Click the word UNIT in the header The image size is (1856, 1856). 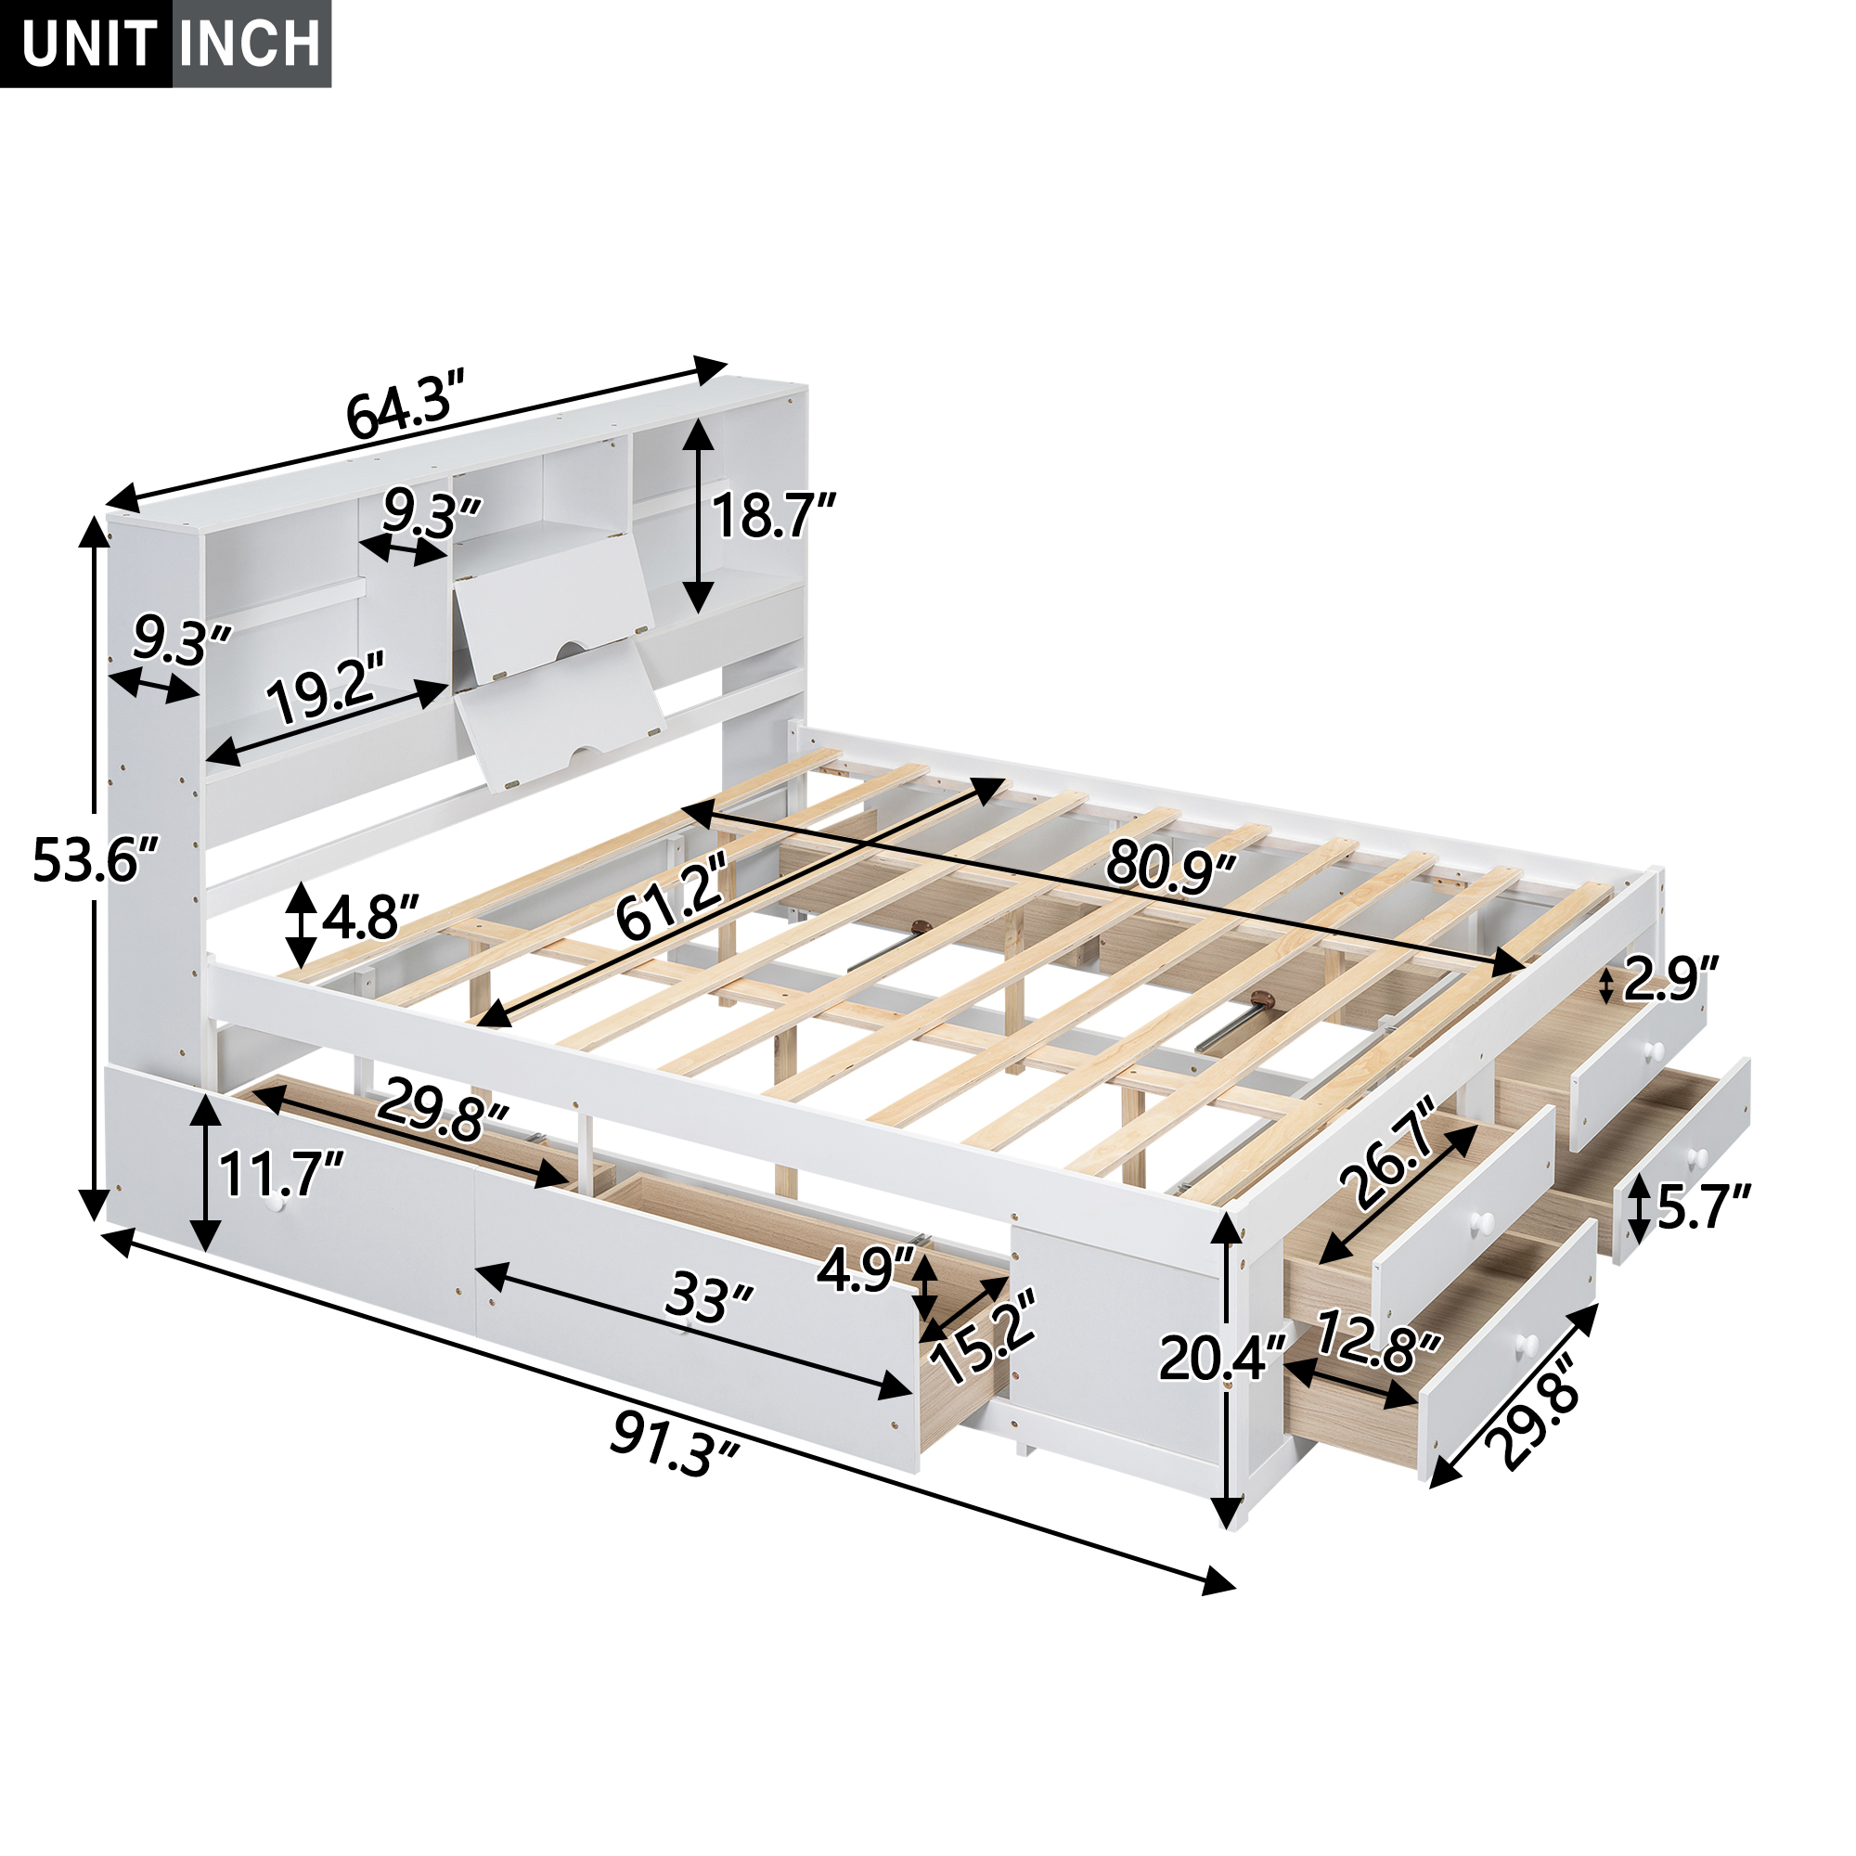[89, 45]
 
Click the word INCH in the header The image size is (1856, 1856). [251, 45]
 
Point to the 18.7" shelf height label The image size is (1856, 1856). [773, 517]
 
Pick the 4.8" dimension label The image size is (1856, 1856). [370, 919]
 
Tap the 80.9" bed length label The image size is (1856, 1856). [1169, 864]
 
